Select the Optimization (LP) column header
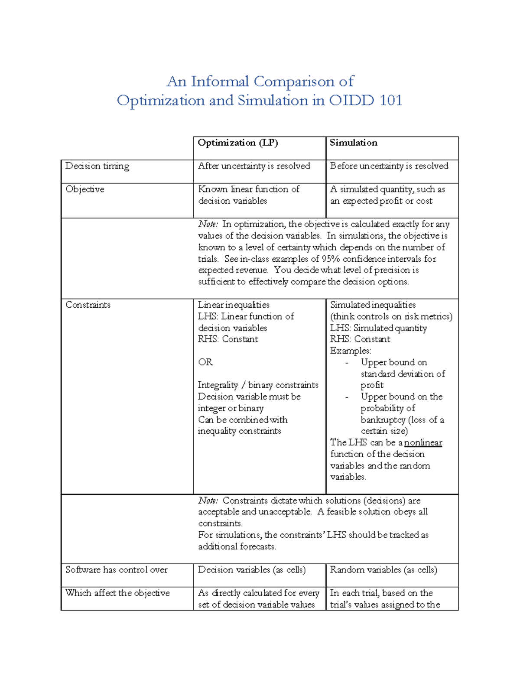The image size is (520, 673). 237,143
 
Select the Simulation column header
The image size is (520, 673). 353,143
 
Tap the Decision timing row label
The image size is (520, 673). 97,166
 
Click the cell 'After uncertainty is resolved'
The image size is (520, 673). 254,166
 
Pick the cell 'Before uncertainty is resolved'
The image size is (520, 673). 389,166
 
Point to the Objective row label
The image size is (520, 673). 84,189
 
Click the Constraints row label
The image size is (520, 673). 88,305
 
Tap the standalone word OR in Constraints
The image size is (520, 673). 205,362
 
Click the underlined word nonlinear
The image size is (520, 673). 423,443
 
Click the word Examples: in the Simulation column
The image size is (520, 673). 351,351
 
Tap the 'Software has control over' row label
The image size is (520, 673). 116,570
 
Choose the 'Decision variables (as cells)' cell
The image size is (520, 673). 252,570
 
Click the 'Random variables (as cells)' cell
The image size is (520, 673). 383,570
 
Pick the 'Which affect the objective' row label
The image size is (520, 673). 117,593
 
